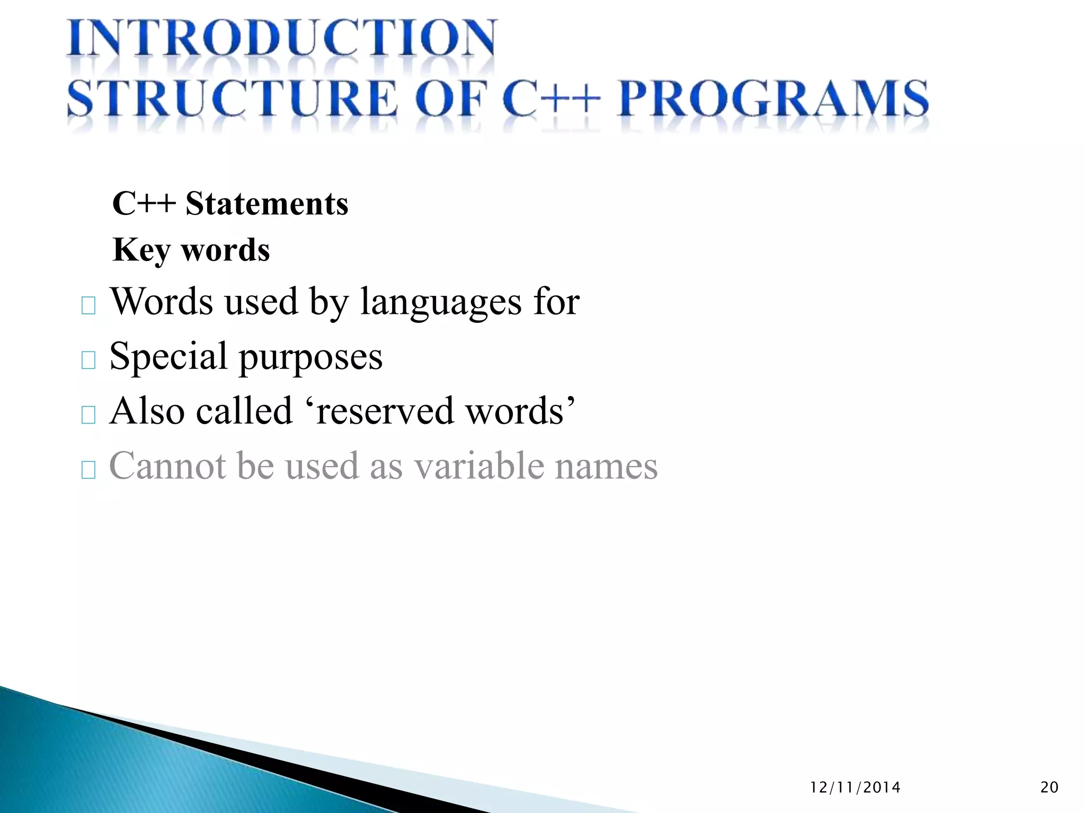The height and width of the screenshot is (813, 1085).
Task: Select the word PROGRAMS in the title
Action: (773, 98)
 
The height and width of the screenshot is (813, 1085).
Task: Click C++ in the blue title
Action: (552, 98)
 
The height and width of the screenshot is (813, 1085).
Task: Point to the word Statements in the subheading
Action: (266, 204)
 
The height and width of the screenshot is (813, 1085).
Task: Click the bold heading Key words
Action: (191, 250)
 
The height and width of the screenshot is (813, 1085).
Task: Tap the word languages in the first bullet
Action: (441, 302)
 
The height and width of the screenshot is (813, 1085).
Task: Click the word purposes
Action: (310, 358)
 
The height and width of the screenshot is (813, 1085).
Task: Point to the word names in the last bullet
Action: (606, 467)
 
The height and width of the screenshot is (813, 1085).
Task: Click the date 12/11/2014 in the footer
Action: (855, 788)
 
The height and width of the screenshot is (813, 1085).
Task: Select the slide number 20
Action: (1049, 788)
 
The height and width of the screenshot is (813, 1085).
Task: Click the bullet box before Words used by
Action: (88, 306)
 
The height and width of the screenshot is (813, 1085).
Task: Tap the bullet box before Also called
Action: (88, 415)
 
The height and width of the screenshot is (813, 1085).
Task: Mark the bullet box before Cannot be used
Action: (88, 469)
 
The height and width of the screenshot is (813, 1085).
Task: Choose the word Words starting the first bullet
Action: (162, 302)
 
